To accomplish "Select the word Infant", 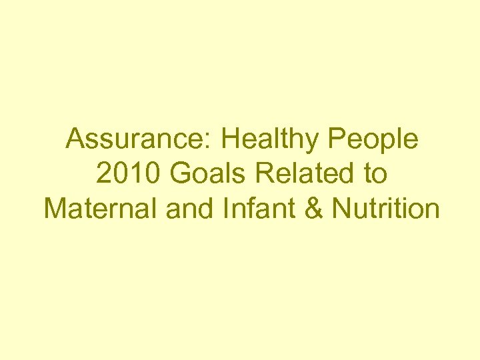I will point(251,209).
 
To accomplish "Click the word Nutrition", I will point(385,209).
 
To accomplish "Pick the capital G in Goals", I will point(179,174).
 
